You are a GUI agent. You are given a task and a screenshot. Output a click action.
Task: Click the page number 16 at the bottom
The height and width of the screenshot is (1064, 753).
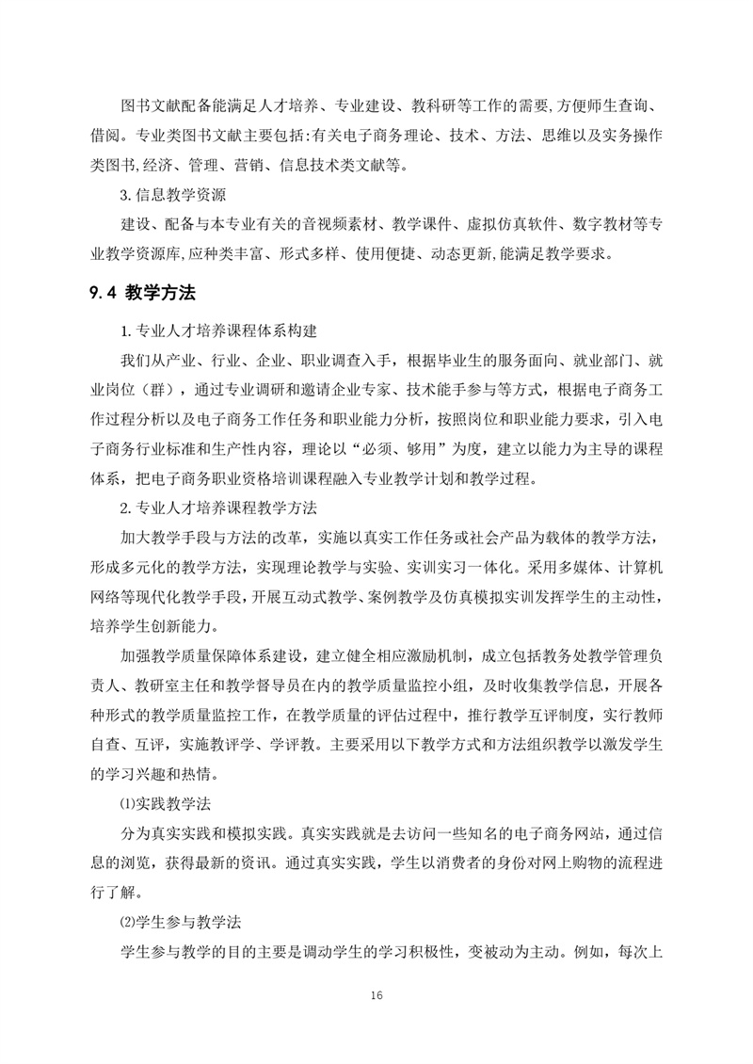coord(376,995)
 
